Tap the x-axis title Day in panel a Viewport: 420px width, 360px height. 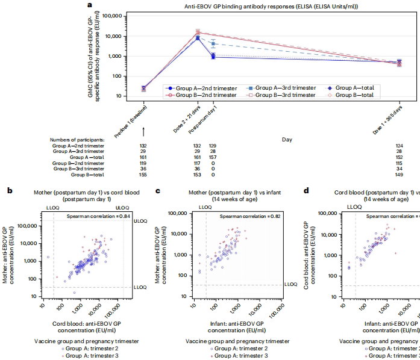(287, 139)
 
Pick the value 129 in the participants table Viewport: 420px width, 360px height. (213, 146)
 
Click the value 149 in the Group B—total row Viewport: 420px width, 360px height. (398, 175)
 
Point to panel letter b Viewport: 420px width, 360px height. (9, 191)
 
